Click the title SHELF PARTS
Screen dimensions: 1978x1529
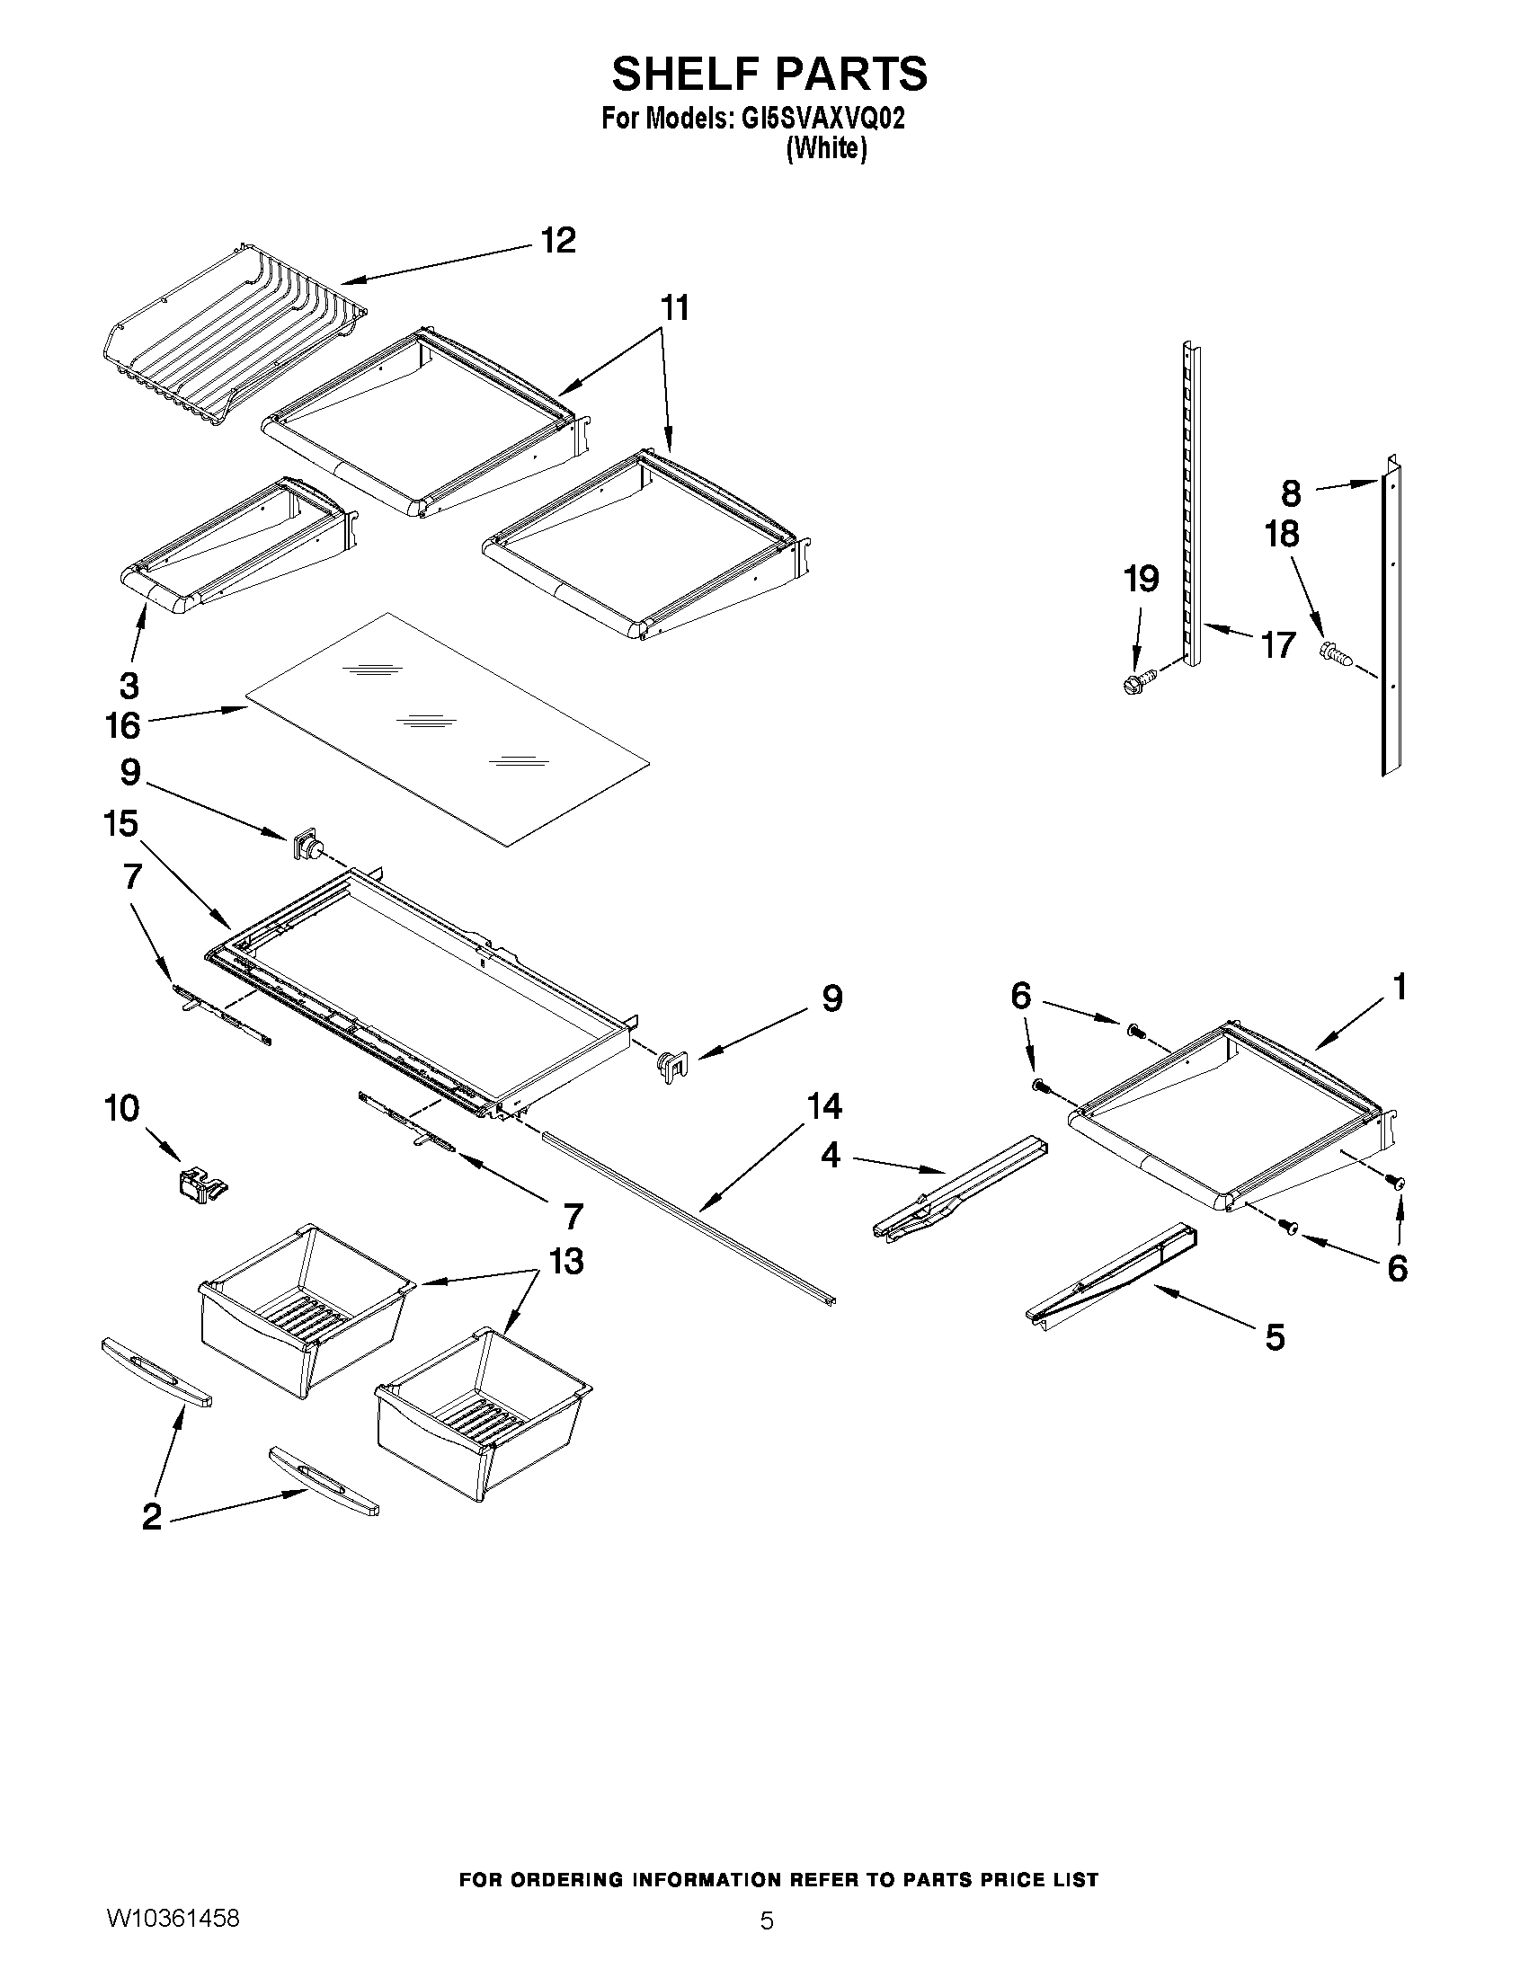769,75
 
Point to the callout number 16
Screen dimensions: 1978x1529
123,725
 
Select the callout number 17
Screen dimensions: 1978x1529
1277,645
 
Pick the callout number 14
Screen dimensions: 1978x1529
824,1106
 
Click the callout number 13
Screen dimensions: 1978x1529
566,1261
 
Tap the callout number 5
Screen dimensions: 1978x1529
1275,1336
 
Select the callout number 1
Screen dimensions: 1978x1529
1399,986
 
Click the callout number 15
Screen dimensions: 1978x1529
120,824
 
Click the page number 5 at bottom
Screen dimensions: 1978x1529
767,1946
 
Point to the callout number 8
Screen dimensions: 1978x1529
1291,493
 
